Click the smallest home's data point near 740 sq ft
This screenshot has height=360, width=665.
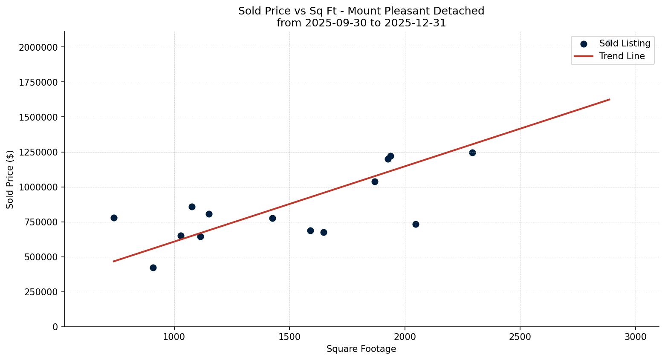tap(114, 218)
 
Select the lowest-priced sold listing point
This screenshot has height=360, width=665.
tap(153, 268)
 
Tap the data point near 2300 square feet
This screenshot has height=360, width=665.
tap(472, 153)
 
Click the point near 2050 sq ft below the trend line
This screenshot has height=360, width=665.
tap(416, 224)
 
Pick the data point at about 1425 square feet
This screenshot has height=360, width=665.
tap(272, 218)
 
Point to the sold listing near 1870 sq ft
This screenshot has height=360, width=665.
tap(375, 181)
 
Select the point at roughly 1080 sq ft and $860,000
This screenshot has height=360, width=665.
tap(192, 207)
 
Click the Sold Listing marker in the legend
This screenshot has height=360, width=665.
tap(584, 44)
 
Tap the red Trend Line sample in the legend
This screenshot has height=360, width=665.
tap(584, 56)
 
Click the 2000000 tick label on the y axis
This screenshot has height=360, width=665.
tap(38, 47)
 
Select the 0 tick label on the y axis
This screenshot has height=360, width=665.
tap(55, 327)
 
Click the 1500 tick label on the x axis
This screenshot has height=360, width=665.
tap(289, 337)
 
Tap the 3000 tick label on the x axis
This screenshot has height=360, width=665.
tap(636, 337)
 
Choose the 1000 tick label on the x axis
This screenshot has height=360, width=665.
tap(174, 337)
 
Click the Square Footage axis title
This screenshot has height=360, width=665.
tap(361, 349)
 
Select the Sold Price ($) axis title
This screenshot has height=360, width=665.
tap(10, 179)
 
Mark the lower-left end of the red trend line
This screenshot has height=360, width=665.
tap(114, 261)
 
